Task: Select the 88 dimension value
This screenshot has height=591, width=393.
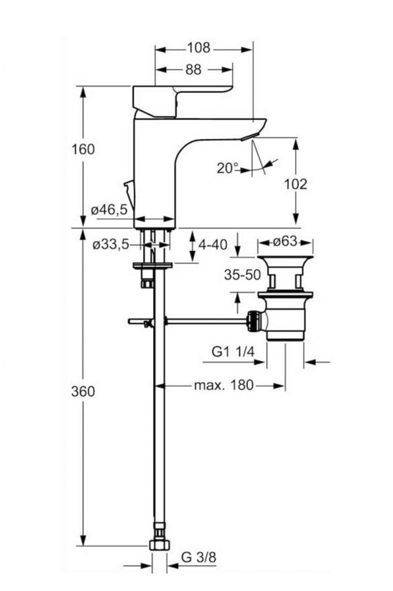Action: pos(193,70)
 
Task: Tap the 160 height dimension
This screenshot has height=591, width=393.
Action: pos(83,149)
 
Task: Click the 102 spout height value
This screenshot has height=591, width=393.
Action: pos(296,184)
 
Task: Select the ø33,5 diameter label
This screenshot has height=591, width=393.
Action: pos(110,245)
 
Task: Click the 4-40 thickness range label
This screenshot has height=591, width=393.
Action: pos(213,245)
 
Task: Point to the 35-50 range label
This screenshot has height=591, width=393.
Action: pos(243,275)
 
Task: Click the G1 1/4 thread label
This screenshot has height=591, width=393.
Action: pos(232,352)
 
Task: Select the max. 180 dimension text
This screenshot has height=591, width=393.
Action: pos(224,385)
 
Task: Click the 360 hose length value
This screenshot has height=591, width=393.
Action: pos(83,391)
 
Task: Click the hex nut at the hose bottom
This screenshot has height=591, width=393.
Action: pos(158,544)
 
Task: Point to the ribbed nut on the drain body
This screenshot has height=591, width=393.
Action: pos(252,320)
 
